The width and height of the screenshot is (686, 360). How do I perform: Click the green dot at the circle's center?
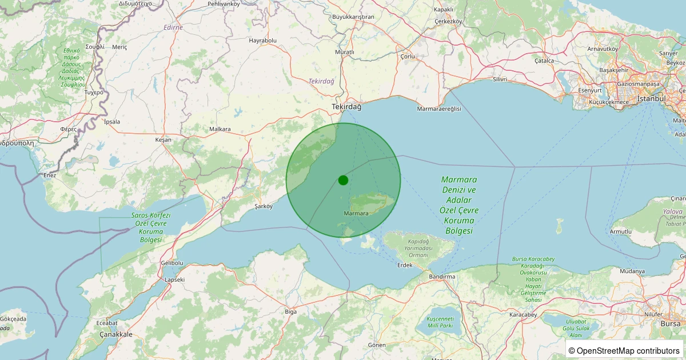point(343,180)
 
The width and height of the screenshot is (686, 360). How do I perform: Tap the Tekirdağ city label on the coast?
point(347,107)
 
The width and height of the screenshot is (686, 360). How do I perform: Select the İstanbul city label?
point(652,98)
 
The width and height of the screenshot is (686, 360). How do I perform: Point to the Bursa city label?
point(670,323)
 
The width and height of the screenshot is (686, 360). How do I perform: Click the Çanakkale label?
point(116,334)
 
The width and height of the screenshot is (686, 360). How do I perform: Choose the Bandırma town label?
point(442,277)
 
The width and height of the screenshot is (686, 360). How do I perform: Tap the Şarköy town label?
point(264,206)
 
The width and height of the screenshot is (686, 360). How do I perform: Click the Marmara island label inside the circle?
point(356,213)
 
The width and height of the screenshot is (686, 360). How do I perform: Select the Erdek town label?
point(405,265)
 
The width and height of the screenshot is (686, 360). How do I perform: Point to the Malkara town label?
point(220,129)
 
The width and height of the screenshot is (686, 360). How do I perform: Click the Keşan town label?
point(163,139)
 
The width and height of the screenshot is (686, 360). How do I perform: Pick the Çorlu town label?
point(408,56)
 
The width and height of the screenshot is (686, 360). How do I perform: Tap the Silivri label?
point(500,79)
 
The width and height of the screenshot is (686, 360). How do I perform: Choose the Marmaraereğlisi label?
point(439,109)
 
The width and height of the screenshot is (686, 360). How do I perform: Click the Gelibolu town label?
point(171,263)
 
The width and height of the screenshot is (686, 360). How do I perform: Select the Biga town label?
point(291,311)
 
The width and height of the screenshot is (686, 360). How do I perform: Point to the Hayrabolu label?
point(262,41)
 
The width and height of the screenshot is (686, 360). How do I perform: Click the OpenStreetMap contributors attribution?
point(624,350)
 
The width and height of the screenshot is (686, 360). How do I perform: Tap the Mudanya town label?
point(632,271)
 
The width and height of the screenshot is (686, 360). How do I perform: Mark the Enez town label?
point(50,175)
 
